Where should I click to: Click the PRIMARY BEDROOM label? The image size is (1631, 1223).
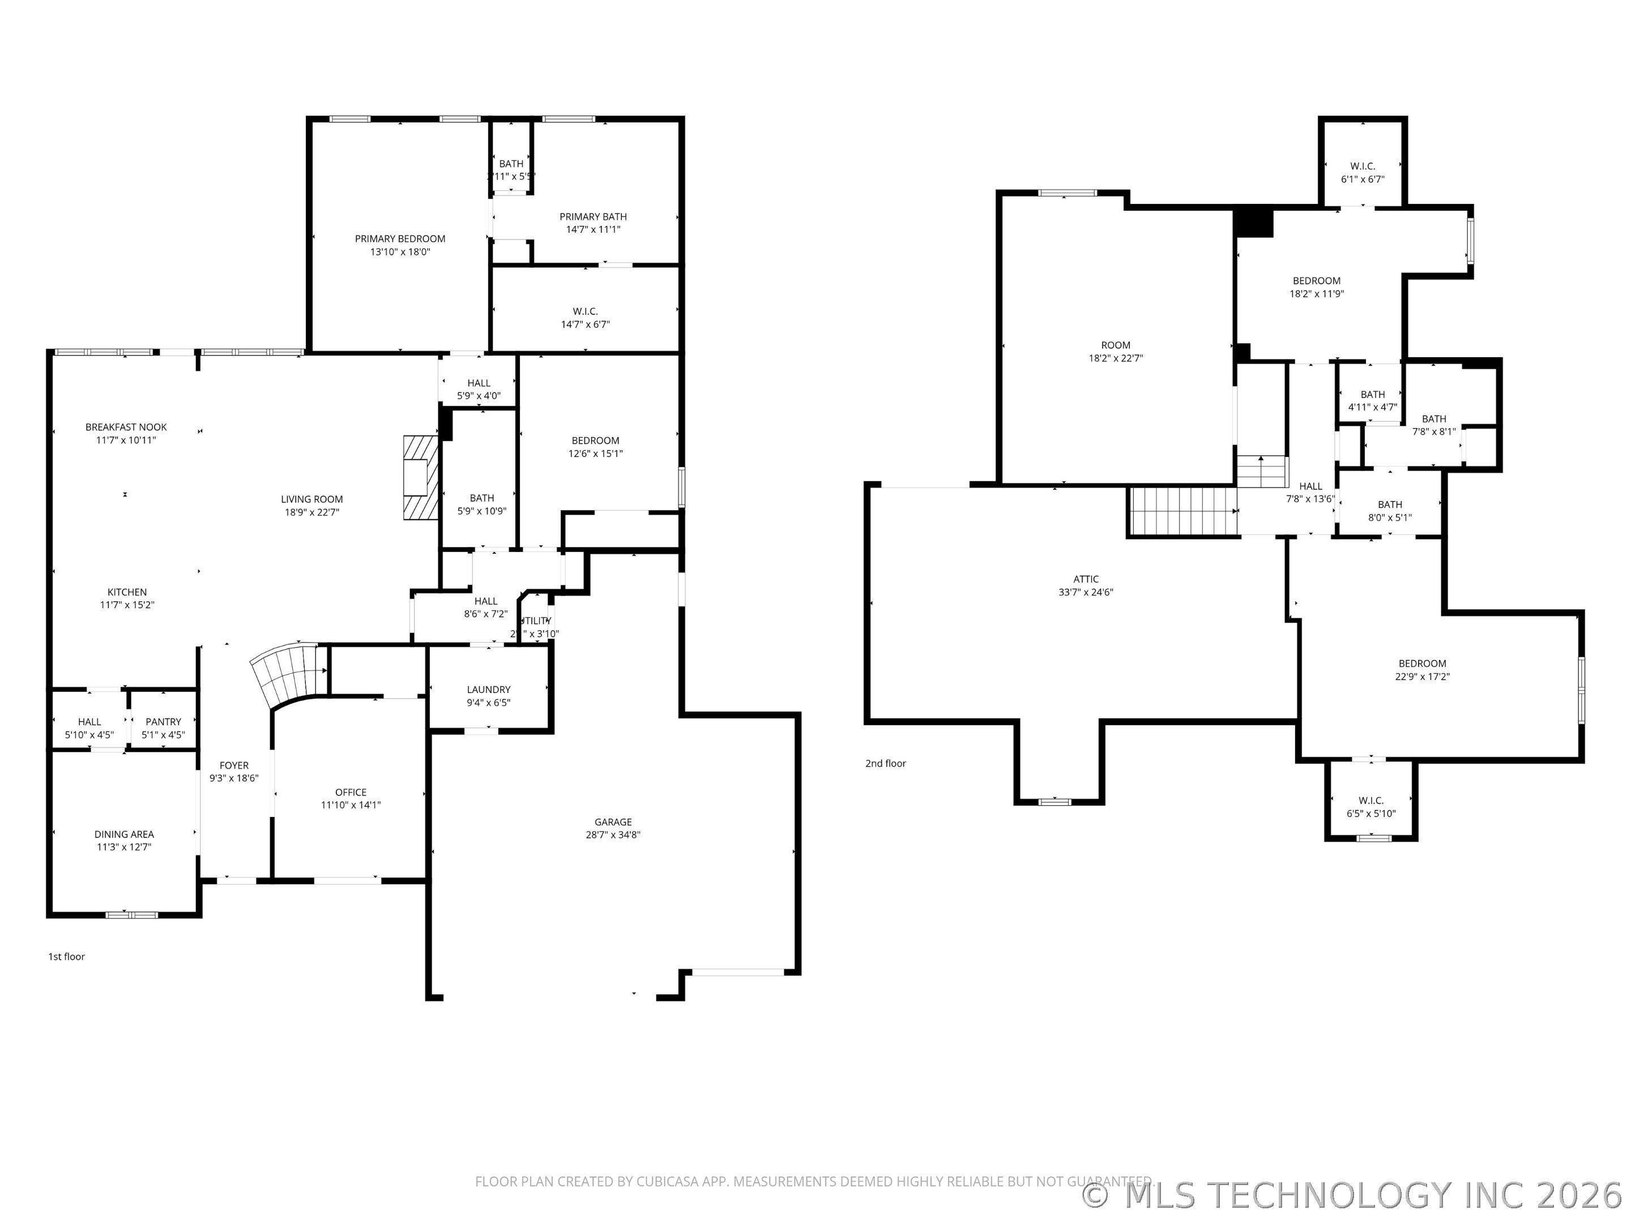pyautogui.click(x=400, y=239)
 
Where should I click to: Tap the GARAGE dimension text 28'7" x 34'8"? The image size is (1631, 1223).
pyautogui.click(x=613, y=835)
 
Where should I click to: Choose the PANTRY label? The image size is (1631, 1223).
pyautogui.click(x=163, y=722)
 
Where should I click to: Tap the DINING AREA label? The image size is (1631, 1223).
pyautogui.click(x=124, y=835)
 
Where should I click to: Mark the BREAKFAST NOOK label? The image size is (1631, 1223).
pyautogui.click(x=126, y=427)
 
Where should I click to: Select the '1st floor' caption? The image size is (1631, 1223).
pyautogui.click(x=66, y=957)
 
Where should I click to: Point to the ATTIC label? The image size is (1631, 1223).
pyautogui.click(x=1086, y=579)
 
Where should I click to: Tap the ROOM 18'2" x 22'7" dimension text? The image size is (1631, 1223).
pyautogui.click(x=1116, y=358)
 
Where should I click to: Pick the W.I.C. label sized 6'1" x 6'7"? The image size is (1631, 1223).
pyautogui.click(x=1363, y=166)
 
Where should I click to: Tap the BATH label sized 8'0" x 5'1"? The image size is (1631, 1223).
pyautogui.click(x=1389, y=505)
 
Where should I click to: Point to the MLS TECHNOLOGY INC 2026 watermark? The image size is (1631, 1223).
pyautogui.click(x=1354, y=1195)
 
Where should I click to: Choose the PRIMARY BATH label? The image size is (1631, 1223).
pyautogui.click(x=593, y=217)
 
